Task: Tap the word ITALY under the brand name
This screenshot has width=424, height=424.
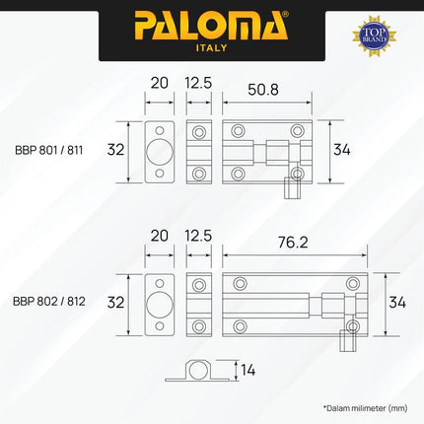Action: (x=211, y=47)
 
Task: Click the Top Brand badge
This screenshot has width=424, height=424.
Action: (x=374, y=35)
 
